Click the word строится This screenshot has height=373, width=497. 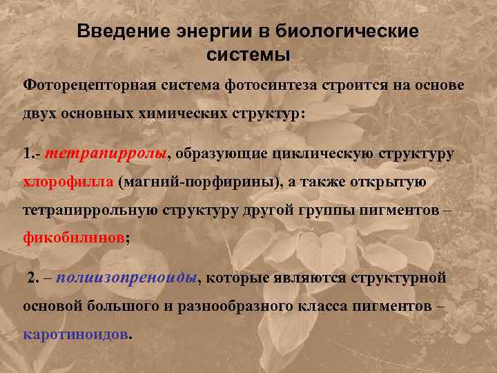pyautogui.click(x=351, y=84)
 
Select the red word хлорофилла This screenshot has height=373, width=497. pyautogui.click(x=68, y=182)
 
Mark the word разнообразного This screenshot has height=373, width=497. pyautogui.click(x=226, y=306)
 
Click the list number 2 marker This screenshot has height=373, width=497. pyautogui.click(x=32, y=278)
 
